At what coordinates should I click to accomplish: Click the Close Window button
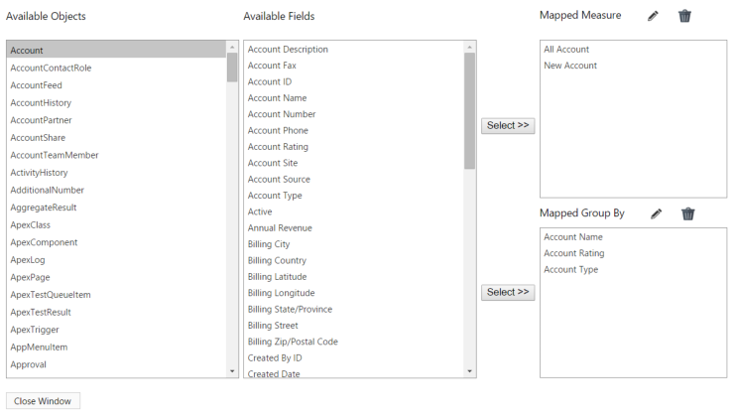tap(43, 401)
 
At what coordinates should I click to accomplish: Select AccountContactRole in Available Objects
tap(51, 68)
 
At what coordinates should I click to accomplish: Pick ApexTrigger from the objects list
tap(35, 330)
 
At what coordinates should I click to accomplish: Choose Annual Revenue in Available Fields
tap(280, 227)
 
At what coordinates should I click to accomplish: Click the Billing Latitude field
tap(277, 277)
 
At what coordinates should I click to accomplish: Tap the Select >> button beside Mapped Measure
tap(508, 125)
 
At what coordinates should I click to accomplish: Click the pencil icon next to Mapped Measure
tap(653, 16)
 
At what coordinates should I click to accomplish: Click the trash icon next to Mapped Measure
tap(684, 16)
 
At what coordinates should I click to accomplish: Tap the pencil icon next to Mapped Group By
tap(657, 213)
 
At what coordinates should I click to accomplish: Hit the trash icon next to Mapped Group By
tap(688, 213)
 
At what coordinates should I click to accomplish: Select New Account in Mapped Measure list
tap(570, 66)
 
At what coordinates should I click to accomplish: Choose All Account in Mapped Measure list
tap(566, 50)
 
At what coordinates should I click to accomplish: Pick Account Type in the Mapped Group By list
tap(570, 269)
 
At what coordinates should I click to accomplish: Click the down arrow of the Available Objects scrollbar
tap(232, 371)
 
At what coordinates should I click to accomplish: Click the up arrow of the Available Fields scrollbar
tap(469, 47)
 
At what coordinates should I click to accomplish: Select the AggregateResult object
tap(44, 208)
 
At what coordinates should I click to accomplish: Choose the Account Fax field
tap(272, 66)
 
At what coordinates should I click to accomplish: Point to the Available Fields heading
tap(279, 16)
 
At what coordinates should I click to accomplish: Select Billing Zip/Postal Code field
tap(293, 342)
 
